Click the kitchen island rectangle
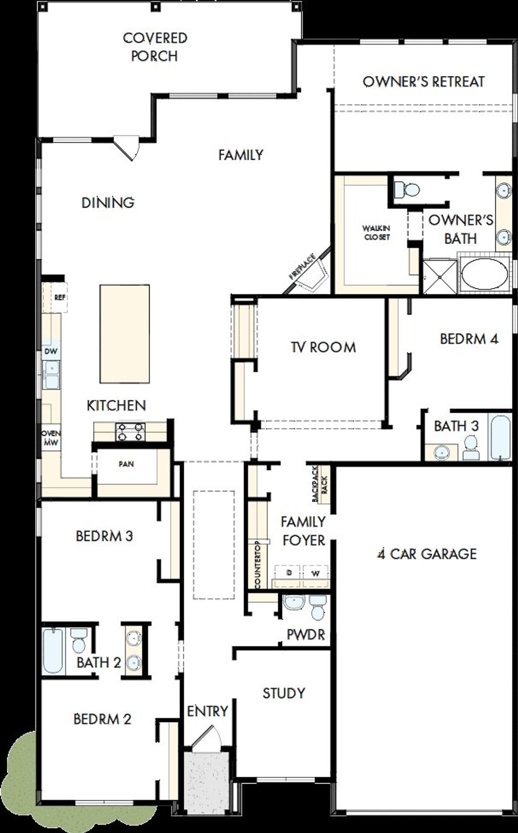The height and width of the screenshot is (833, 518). coord(125,334)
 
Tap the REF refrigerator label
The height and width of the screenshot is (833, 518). coord(59,297)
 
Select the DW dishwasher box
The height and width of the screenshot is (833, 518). coord(51,351)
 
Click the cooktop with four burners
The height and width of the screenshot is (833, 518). coord(130,432)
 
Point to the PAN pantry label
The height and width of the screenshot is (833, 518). coord(126,464)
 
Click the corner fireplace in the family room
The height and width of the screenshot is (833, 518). coord(312,275)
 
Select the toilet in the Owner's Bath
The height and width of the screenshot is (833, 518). coord(407,189)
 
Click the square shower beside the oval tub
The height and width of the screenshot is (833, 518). coord(440,277)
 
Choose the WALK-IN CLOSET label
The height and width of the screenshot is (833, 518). coord(376,233)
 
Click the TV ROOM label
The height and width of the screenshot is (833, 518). coord(323,347)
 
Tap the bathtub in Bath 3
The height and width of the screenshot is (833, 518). coord(500,437)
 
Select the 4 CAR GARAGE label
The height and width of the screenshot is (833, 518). coord(427,554)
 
